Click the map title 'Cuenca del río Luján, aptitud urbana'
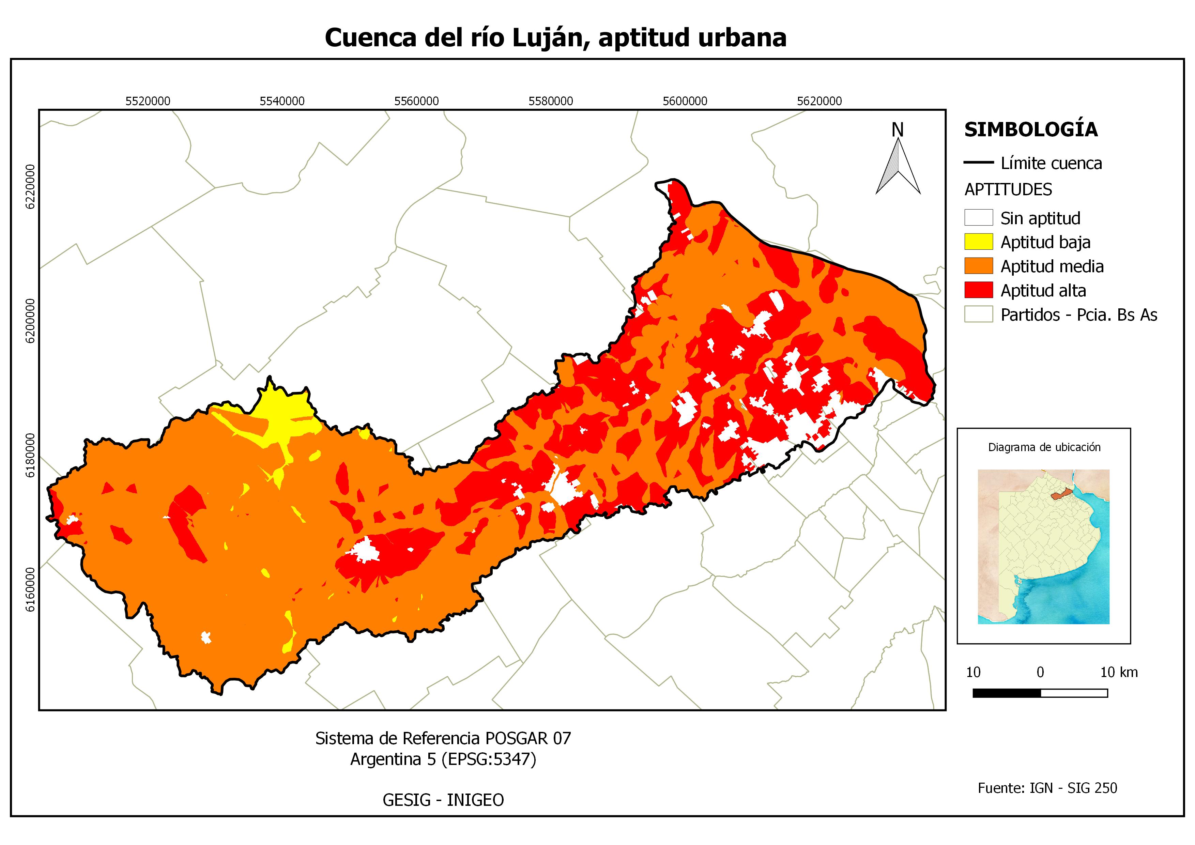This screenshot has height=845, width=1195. point(555,37)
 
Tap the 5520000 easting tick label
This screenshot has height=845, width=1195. point(148,101)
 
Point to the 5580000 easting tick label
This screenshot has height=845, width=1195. point(551,101)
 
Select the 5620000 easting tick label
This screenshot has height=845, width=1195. point(819,101)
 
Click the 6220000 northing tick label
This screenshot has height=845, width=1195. point(31,187)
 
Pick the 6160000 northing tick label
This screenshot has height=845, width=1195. point(31,589)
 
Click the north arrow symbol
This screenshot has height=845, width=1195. point(898,167)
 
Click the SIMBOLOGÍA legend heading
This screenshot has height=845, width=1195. point(1030,129)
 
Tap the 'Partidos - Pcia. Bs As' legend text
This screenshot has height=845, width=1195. point(1078,315)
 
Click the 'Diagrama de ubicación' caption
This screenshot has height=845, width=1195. point(1044,447)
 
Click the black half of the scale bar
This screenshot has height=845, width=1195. point(1006,693)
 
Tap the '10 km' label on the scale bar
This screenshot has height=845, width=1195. point(1119,672)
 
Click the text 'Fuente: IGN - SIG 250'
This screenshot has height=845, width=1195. point(1047,788)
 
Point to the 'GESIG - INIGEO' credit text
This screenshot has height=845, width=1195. point(443,800)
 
